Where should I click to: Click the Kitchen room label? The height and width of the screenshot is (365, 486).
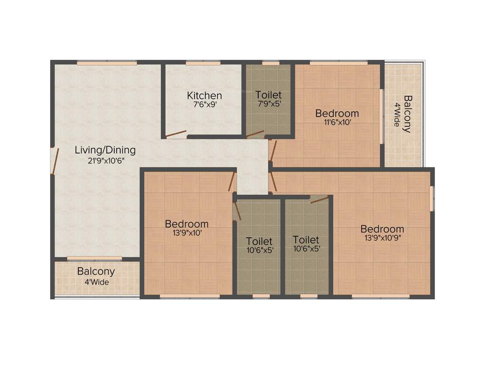tap(204, 95)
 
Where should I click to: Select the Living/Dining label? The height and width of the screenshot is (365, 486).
tap(105, 150)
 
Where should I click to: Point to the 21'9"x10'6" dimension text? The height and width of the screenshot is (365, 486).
tap(105, 161)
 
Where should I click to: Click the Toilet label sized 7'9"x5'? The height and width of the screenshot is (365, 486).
tap(268, 95)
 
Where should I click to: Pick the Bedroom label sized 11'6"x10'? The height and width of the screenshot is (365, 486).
tap(337, 113)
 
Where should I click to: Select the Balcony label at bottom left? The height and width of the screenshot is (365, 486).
tap(96, 271)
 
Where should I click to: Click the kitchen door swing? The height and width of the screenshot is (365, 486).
tap(176, 134)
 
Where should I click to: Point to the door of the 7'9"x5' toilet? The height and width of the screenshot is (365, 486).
tap(255, 134)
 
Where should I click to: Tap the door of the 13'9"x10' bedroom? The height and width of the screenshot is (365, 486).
tap(232, 181)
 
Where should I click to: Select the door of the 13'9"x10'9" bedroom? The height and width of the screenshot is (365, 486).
tap(273, 182)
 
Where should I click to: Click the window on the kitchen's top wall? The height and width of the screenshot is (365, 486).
tap(203, 62)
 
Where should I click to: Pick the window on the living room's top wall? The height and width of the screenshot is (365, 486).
tap(107, 62)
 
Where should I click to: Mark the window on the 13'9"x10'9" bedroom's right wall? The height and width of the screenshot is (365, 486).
tap(431, 198)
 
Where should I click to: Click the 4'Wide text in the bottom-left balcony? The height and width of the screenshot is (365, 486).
tap(96, 282)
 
